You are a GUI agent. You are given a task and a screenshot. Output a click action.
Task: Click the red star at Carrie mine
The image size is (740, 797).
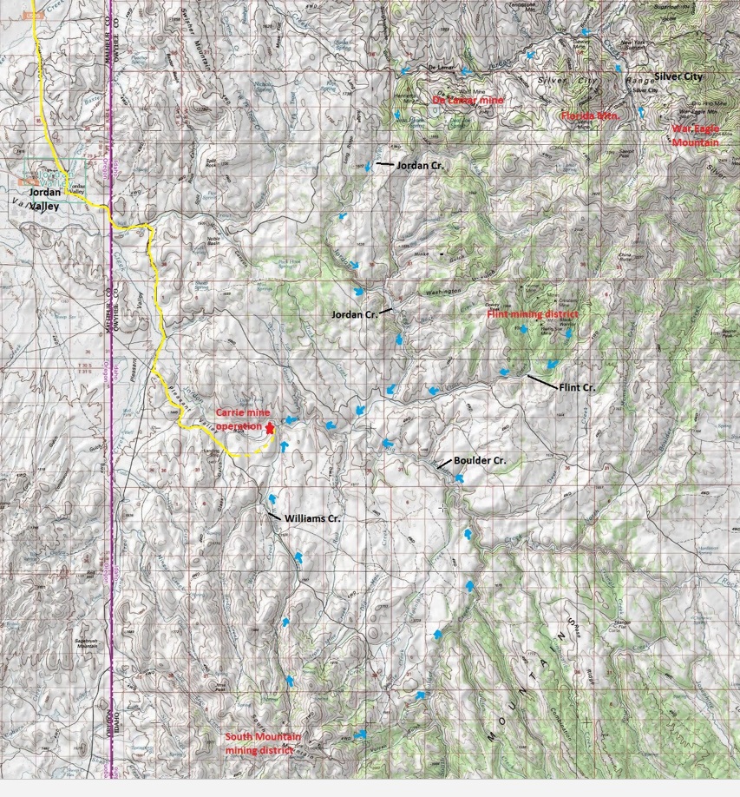[x=271, y=428]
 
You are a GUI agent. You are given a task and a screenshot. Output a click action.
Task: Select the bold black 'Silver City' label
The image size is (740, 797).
[x=680, y=76]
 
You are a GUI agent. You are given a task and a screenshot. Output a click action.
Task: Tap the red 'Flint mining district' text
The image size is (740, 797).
[x=532, y=315]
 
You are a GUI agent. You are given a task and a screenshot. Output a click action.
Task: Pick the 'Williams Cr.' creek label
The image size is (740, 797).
[x=312, y=518]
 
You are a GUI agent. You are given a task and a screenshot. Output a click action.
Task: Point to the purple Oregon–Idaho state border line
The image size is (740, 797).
[x=112, y=434]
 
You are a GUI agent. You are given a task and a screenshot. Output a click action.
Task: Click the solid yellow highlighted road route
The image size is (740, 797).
[x=156, y=304]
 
